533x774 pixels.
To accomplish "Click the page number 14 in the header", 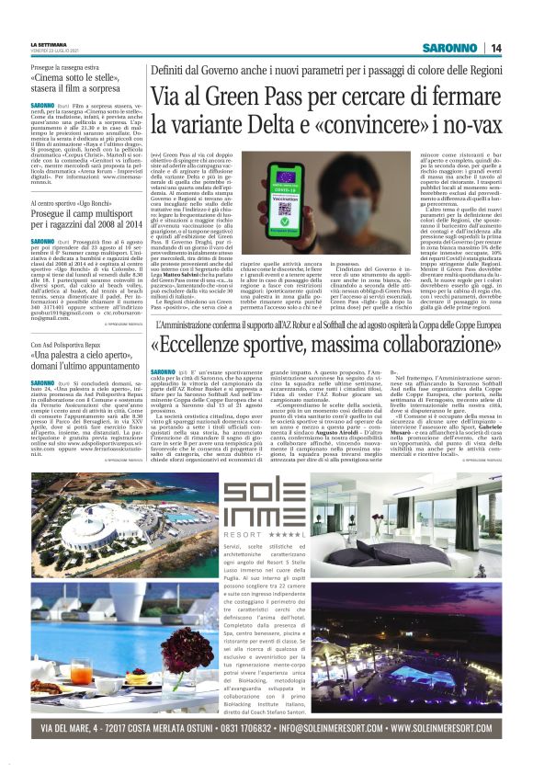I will point(520,48).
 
